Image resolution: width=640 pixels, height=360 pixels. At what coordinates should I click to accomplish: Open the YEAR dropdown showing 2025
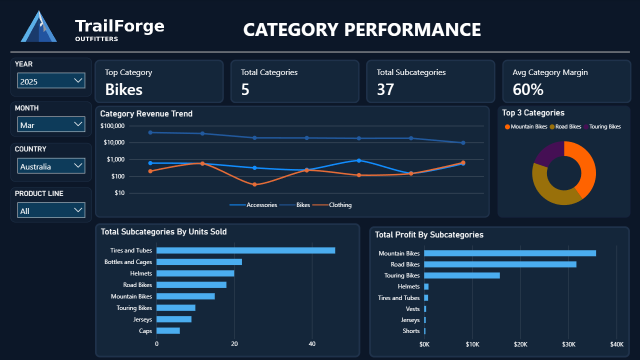pyautogui.click(x=51, y=81)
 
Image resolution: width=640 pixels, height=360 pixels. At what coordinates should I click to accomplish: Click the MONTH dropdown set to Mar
pyautogui.click(x=51, y=124)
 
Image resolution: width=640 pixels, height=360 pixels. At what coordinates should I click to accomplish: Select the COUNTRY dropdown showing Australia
pyautogui.click(x=51, y=166)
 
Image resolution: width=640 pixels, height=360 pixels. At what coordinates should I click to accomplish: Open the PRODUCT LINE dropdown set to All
pyautogui.click(x=51, y=210)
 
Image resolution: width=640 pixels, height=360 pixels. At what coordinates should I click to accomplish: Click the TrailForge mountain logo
pyautogui.click(x=38, y=27)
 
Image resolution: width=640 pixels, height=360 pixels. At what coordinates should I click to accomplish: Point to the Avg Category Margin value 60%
pyautogui.click(x=528, y=89)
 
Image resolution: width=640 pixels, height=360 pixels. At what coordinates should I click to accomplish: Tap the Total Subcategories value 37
pyautogui.click(x=385, y=89)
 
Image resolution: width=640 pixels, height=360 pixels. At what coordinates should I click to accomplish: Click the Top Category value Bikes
pyautogui.click(x=123, y=89)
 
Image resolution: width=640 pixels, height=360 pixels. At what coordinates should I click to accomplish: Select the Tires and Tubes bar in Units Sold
pyautogui.click(x=245, y=250)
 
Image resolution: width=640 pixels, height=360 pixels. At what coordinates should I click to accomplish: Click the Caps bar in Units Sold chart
pyautogui.click(x=168, y=331)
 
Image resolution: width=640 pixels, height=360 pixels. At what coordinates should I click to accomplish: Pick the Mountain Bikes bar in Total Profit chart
pyautogui.click(x=509, y=253)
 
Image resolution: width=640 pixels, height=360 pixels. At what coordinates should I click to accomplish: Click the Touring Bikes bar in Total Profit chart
pyautogui.click(x=461, y=275)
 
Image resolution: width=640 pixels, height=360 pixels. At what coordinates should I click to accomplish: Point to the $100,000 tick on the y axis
pyautogui.click(x=112, y=126)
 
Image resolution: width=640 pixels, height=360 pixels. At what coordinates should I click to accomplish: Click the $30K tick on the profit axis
pyautogui.click(x=568, y=344)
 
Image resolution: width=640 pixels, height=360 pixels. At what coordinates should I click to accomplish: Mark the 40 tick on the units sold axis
pyautogui.click(x=312, y=344)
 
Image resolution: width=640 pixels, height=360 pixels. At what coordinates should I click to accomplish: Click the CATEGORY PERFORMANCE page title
pyautogui.click(x=362, y=29)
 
